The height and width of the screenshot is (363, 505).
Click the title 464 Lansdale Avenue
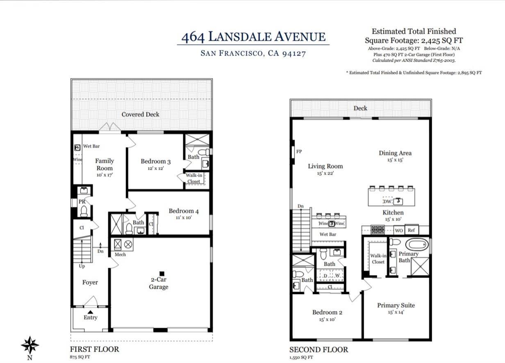coord(253,37)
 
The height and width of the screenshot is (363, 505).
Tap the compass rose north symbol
coord(30,345)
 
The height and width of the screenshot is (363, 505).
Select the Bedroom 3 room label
coord(155,161)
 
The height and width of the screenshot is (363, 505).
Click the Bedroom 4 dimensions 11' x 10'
coord(184,218)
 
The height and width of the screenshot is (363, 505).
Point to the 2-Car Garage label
coord(159,283)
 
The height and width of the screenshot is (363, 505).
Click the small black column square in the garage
coord(162,273)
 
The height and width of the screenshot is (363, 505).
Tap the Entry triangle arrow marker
coord(90,312)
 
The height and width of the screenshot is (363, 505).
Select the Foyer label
coord(90,282)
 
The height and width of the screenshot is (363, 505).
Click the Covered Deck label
coord(140,114)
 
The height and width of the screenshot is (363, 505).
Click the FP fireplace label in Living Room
coord(299,151)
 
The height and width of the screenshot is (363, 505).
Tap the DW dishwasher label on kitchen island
coord(387,201)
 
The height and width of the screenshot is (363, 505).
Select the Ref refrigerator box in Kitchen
coord(412,231)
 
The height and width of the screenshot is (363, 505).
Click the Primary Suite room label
coord(396,305)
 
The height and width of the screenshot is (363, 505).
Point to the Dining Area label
coord(395,153)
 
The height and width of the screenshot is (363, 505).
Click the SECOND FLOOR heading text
coord(318,349)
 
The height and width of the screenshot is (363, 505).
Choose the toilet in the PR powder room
coord(84,211)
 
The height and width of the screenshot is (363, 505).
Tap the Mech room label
coord(120,254)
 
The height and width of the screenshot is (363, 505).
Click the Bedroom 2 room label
coord(327,312)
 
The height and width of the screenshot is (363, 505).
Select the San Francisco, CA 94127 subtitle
coord(253,53)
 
